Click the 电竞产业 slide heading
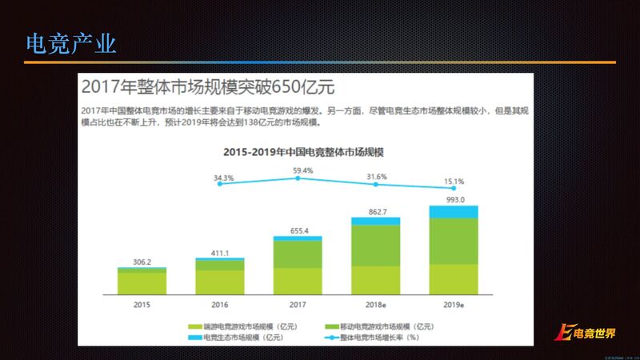click(71, 42)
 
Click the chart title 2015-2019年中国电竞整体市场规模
click(298, 151)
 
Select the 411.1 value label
click(220, 251)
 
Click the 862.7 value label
click(376, 211)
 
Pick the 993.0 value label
click(454, 199)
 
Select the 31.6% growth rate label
click(375, 176)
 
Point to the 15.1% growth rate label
click(454, 181)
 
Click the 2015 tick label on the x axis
click(142, 305)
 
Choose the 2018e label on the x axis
click(376, 305)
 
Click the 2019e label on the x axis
click(454, 305)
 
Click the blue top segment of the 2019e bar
click(454, 211)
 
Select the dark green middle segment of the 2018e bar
click(376, 245)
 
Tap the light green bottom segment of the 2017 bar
click(298, 282)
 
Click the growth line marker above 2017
click(298, 178)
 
